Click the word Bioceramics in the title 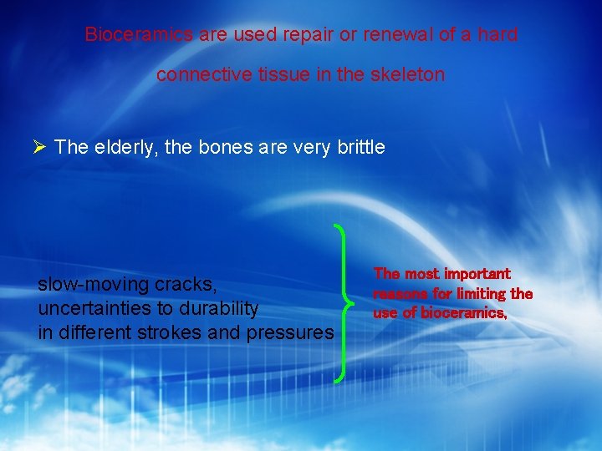point(139,35)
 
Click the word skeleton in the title point(410,74)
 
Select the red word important point(477,274)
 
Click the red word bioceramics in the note point(462,313)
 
